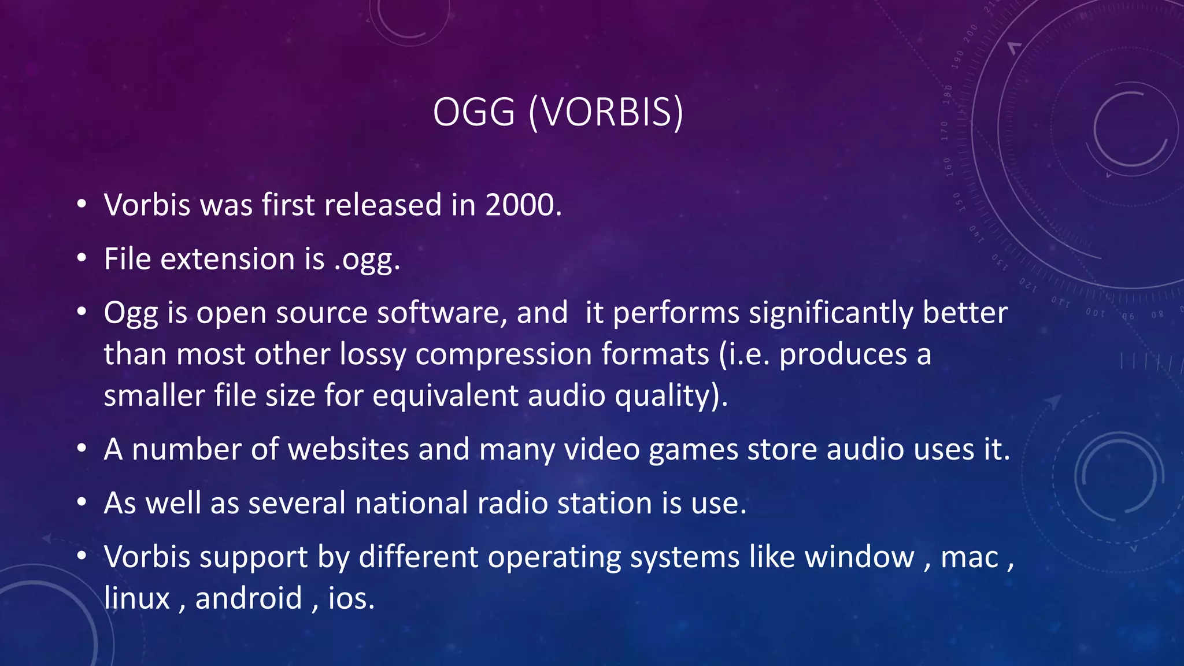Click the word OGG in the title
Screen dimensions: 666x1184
coord(473,112)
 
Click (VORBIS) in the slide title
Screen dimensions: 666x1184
coord(606,112)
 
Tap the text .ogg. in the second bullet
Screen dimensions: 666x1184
coord(367,260)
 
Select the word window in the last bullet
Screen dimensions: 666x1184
coord(859,557)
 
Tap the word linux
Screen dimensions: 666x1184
coord(137,598)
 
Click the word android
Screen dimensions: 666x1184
coord(249,598)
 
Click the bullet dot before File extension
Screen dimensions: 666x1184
coord(82,258)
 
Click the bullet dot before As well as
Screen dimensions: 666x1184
coord(82,502)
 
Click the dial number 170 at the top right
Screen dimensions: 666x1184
coord(944,131)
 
